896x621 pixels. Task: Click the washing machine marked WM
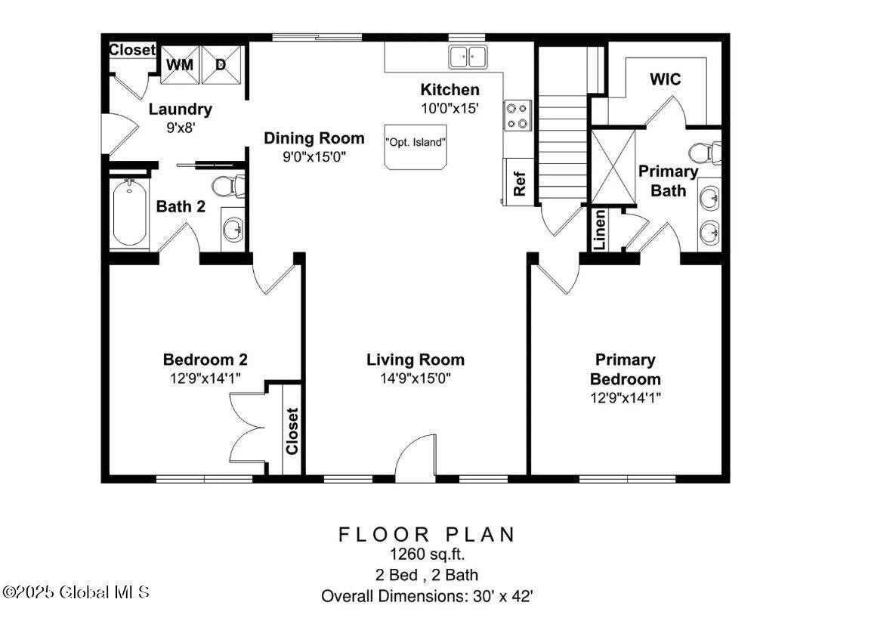tap(180, 64)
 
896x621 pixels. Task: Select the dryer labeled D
tap(221, 64)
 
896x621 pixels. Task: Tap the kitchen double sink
tap(468, 57)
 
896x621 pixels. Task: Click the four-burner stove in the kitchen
tap(518, 116)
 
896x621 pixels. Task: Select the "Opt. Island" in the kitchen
tap(416, 147)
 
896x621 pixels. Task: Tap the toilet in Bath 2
tap(228, 187)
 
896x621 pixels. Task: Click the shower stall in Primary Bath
tap(613, 167)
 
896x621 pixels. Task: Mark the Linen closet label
tap(599, 230)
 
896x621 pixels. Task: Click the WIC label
tap(666, 79)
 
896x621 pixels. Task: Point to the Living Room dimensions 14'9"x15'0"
tap(416, 378)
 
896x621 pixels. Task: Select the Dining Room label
tap(314, 138)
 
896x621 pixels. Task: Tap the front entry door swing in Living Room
tap(416, 455)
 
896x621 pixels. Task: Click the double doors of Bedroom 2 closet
tap(248, 428)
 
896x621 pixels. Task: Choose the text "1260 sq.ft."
tap(428, 554)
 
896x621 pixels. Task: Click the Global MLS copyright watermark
tap(76, 592)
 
